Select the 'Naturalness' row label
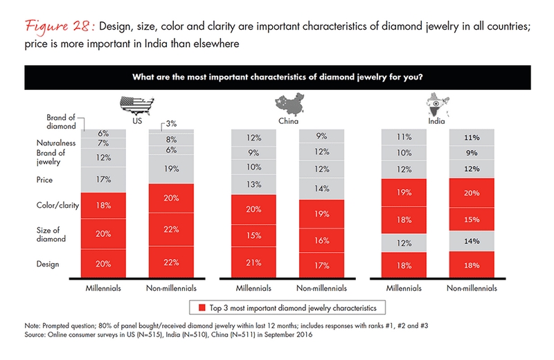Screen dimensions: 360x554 click(56, 141)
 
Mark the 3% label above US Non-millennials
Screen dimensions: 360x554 click(170, 123)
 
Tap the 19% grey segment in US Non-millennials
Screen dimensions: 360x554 click(170, 168)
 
